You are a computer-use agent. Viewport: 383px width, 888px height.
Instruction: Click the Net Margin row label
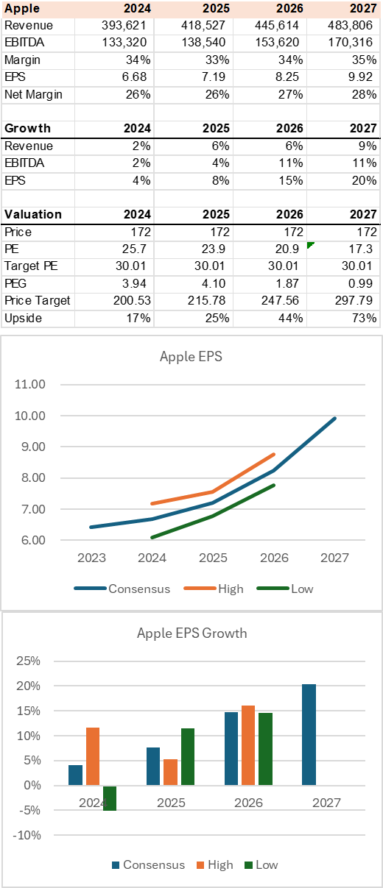[x=33, y=94]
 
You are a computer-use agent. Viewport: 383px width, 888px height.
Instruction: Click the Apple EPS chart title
[x=191, y=358]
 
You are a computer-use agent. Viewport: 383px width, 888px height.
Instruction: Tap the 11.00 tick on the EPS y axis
[x=29, y=384]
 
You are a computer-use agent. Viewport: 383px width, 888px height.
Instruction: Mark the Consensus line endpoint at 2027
[x=335, y=418]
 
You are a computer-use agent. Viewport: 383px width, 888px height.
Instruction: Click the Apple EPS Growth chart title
[x=191, y=633]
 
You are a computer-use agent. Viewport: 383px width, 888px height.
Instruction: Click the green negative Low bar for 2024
[x=110, y=798]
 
